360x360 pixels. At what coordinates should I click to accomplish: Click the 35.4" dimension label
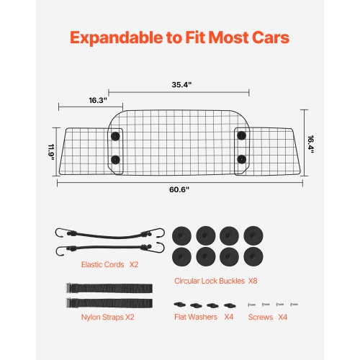coord(179,84)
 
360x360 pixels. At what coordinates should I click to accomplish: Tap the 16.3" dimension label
coord(98,99)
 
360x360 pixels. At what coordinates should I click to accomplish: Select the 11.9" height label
coord(52,153)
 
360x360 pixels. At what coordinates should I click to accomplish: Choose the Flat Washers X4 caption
coord(204,315)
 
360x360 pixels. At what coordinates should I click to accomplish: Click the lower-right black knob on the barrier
coord(241,158)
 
